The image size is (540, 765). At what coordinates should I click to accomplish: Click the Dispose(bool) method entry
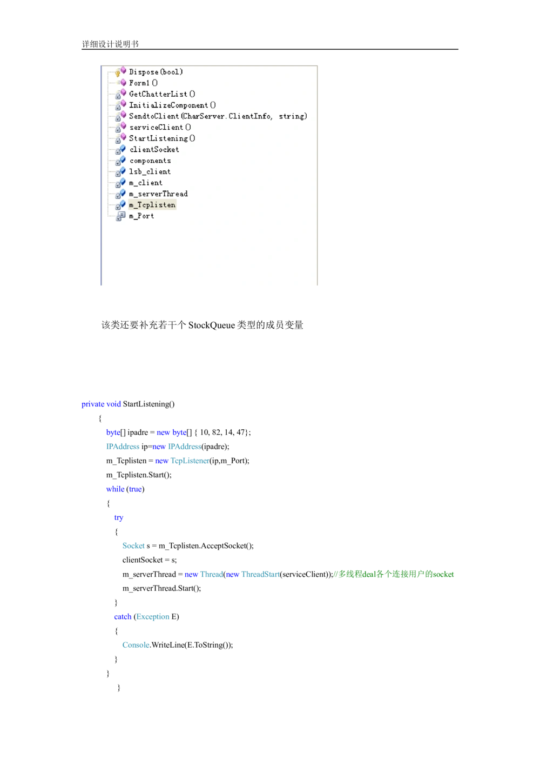click(156, 72)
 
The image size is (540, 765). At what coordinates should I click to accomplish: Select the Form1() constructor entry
click(143, 83)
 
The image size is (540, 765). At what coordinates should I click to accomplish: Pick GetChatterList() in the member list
click(162, 94)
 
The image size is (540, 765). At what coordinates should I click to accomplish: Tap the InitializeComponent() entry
click(172, 105)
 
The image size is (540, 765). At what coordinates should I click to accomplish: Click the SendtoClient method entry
click(218, 116)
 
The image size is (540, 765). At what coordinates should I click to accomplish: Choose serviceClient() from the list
click(160, 128)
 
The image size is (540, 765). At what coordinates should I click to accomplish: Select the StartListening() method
click(162, 138)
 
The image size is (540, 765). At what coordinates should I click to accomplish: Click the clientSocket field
click(154, 150)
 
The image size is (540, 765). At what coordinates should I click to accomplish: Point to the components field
click(150, 161)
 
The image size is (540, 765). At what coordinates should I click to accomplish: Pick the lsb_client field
click(150, 172)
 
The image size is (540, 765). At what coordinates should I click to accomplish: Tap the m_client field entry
click(145, 183)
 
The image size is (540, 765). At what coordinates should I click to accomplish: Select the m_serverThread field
click(158, 194)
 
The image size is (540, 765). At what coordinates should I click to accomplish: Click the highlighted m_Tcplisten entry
click(152, 205)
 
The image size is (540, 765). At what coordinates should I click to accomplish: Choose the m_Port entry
click(141, 216)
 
